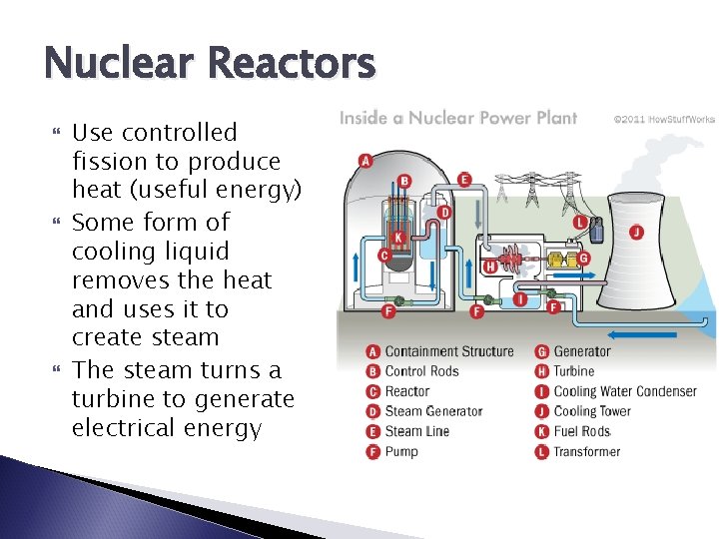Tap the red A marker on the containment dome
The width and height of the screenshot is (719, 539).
pos(364,161)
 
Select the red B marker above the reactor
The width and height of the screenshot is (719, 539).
pos(404,182)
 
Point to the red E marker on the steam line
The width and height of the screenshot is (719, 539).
pos(464,180)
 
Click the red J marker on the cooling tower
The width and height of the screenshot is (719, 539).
pos(636,233)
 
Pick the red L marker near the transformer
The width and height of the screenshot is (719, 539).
pos(579,221)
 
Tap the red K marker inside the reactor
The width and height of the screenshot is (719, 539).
pos(397,238)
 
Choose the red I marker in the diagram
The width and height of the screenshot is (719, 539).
pos(519,297)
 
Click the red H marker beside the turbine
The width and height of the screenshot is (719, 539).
pos(489,267)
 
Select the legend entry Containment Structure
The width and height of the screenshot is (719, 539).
pos(448,351)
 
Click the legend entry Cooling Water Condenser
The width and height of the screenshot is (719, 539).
pos(625,391)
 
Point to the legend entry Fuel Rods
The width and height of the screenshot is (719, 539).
pos(582,431)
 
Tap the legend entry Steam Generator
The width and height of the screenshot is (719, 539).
pos(433,411)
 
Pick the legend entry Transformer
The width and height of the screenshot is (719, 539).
pos(586,451)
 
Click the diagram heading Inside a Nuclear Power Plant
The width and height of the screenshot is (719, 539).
pos(458,118)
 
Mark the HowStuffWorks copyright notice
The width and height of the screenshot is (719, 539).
pos(664,119)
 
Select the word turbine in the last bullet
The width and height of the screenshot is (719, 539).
pos(107,399)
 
